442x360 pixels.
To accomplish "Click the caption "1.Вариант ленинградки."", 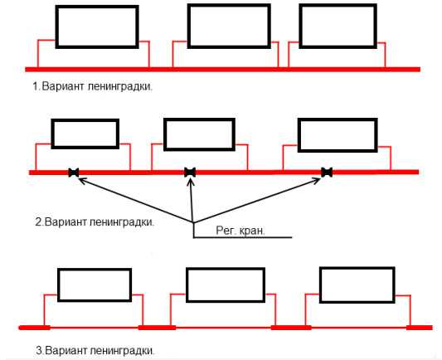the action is (92, 86).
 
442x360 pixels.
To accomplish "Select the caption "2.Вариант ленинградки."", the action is (95, 221).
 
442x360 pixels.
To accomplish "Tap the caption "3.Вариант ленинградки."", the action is (95, 351).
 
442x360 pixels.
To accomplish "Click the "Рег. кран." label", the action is (240, 231).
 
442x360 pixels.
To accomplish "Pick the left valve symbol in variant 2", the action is (74, 173).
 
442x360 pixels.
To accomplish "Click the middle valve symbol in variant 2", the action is (190, 173).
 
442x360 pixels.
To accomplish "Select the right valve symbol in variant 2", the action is (327, 173).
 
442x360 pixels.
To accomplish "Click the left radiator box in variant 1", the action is (97, 7).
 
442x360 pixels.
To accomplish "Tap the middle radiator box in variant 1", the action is (229, 6).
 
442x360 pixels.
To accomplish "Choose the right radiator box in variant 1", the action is (338, 6).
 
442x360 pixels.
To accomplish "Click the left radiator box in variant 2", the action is (85, 120).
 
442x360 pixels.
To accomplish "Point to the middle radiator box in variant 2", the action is (199, 120).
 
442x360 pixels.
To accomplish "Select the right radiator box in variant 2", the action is (338, 120).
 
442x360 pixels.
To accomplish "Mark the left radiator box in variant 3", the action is (95, 270).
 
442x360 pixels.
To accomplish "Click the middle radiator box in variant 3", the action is (226, 270).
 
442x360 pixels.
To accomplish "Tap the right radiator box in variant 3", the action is (357, 269).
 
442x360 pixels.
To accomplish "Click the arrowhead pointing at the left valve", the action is (82, 181).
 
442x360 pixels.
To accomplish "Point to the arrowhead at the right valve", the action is (317, 181).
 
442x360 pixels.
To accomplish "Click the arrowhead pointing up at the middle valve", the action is (191, 182).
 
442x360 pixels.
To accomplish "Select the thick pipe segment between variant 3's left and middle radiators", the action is (157, 328).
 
